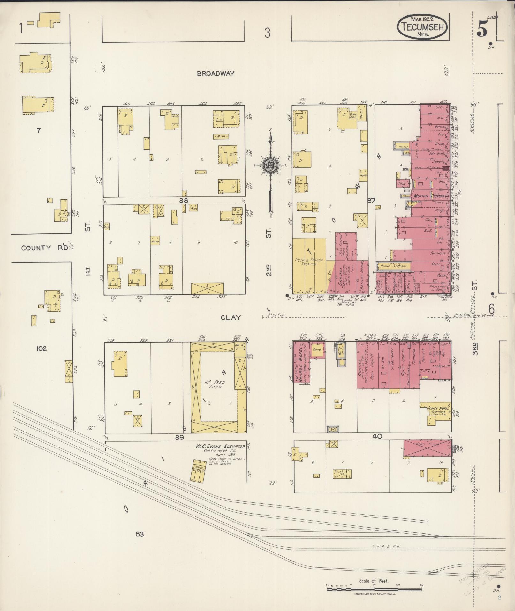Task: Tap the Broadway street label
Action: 216,73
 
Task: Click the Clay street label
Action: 230,317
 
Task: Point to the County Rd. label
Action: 45,248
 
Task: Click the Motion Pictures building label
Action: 430,195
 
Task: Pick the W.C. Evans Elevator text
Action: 221,446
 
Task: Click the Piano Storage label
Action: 393,266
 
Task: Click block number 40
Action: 377,436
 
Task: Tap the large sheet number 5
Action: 482,31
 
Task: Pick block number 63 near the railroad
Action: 140,534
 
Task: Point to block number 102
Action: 42,348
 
